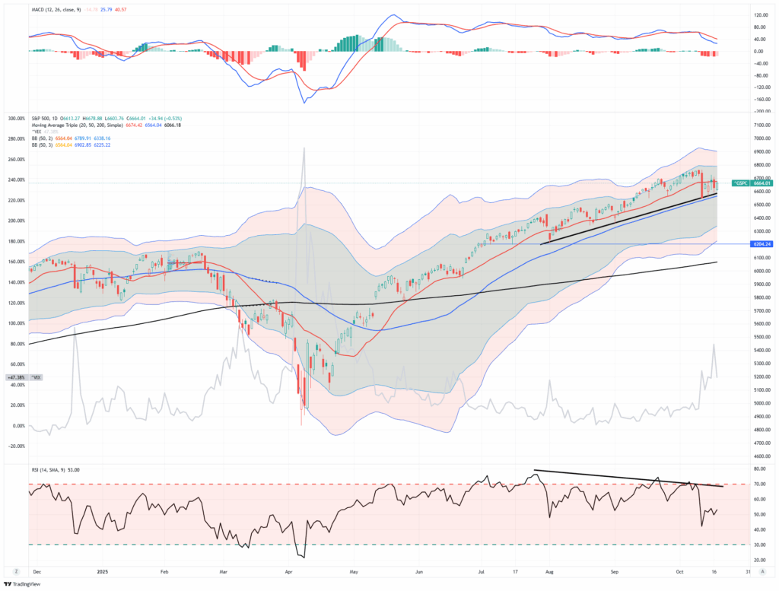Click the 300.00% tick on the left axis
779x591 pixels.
[16, 119]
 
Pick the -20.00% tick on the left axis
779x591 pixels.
[16, 446]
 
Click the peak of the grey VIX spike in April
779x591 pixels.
[304, 148]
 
